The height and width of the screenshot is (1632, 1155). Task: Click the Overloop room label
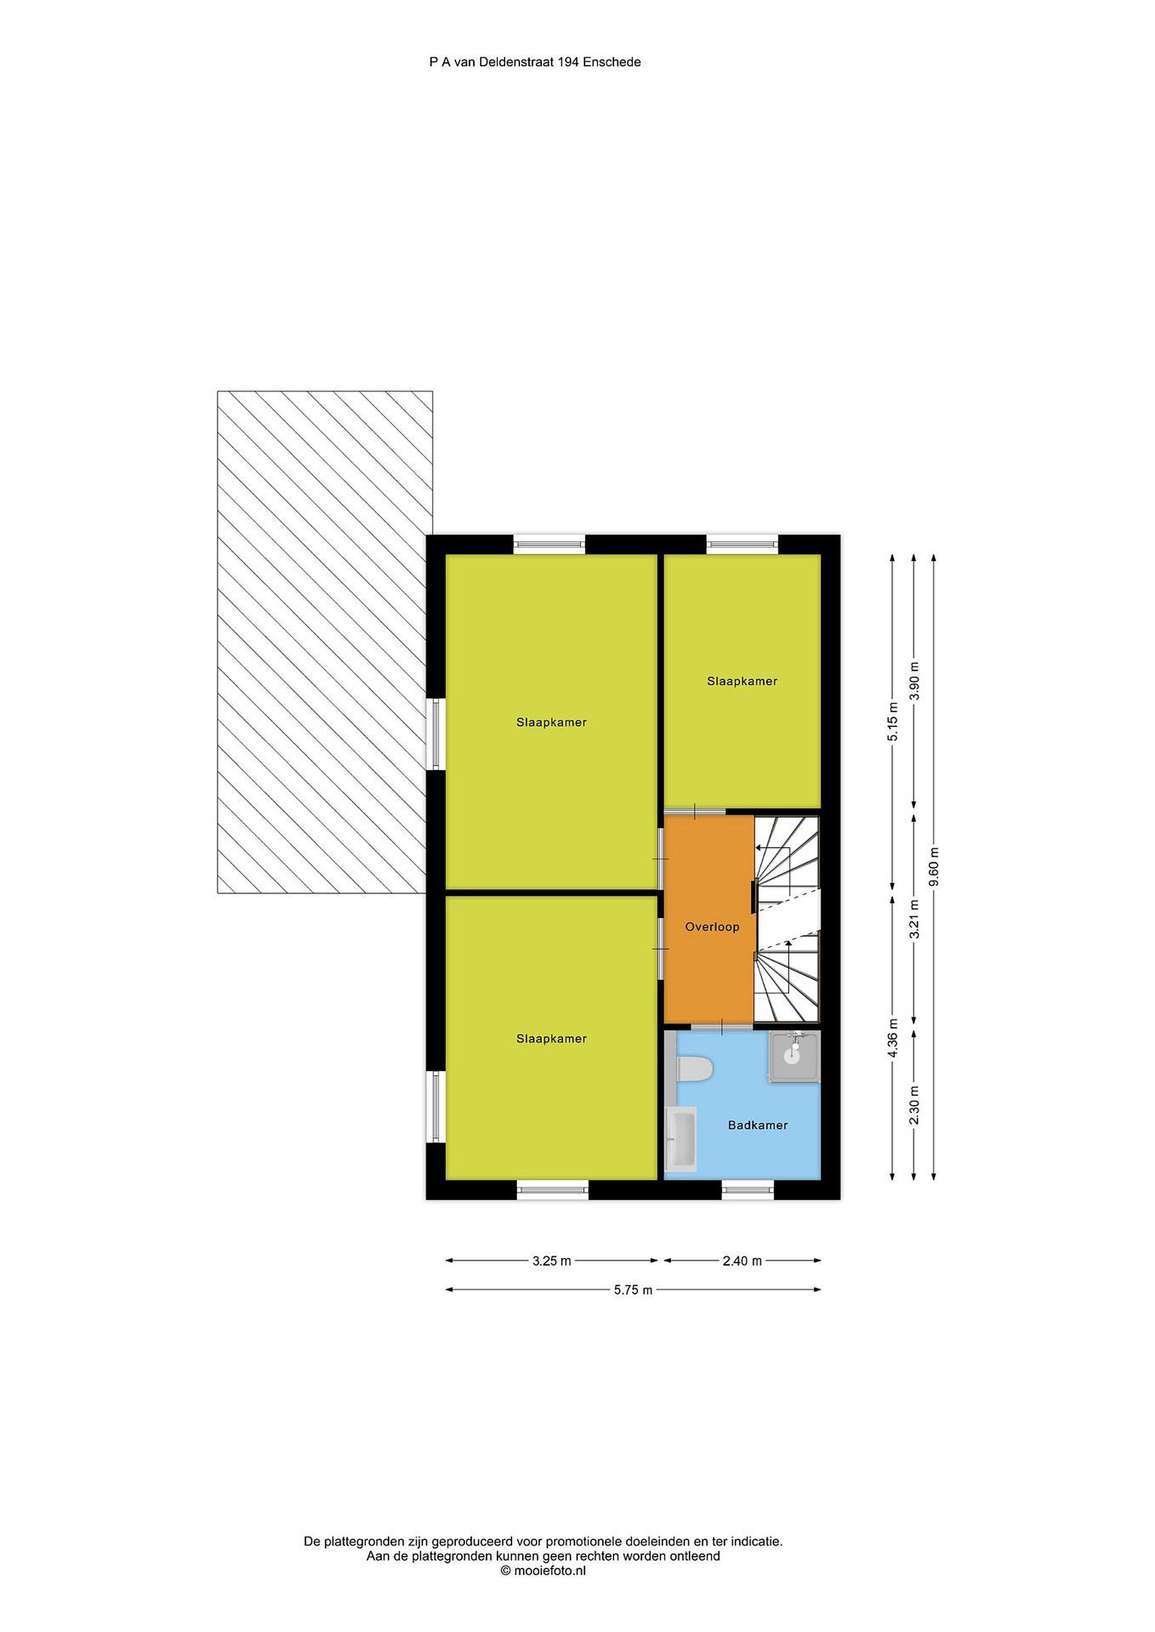pos(712,927)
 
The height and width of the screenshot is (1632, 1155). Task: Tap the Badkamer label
pos(758,1125)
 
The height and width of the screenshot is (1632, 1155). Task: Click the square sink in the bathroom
pos(794,1057)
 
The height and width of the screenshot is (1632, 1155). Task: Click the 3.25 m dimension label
pos(552,1261)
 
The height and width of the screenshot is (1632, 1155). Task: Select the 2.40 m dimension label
pos(742,1261)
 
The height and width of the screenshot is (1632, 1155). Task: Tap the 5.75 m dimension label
pos(633,1290)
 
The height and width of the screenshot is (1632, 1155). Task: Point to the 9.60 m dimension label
pos(934,866)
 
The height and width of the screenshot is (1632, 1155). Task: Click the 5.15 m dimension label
pos(892,721)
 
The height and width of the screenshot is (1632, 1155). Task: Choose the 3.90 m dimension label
pos(914,681)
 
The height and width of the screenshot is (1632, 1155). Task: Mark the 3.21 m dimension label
pos(914,919)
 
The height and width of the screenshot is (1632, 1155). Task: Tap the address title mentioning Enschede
pos(535,62)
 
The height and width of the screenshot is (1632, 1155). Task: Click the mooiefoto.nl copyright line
pos(543,1571)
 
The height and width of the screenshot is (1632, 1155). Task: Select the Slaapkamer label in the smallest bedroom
pos(742,681)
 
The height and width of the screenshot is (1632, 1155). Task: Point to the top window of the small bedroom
pos(742,545)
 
